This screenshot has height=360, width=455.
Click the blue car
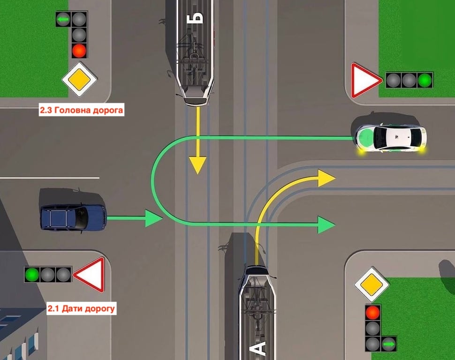pos(73,216)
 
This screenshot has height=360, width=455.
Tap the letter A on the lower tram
pos(260,347)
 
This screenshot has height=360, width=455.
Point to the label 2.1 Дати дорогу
pos(81,309)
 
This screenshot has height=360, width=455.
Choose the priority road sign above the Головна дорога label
pos(79,79)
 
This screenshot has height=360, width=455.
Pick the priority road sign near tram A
pos(372,284)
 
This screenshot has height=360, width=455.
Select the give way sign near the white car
pos(365,81)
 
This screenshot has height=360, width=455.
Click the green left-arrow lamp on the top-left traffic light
pos(63,19)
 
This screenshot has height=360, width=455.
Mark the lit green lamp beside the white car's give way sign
pos(425,80)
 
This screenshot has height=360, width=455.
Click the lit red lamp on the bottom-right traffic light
pos(373,312)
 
